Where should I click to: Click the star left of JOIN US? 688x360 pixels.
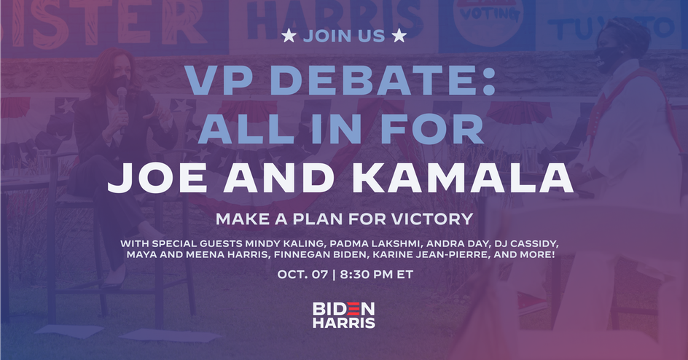[x=289, y=36]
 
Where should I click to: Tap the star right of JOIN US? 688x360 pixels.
[x=399, y=36]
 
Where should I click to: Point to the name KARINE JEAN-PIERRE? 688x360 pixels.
[x=426, y=254]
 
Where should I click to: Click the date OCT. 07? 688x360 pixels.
[x=302, y=275]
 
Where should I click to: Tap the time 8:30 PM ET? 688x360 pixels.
[x=377, y=275]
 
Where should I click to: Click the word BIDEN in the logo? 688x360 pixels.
[x=343, y=309]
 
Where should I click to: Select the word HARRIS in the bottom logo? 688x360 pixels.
[x=343, y=323]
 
